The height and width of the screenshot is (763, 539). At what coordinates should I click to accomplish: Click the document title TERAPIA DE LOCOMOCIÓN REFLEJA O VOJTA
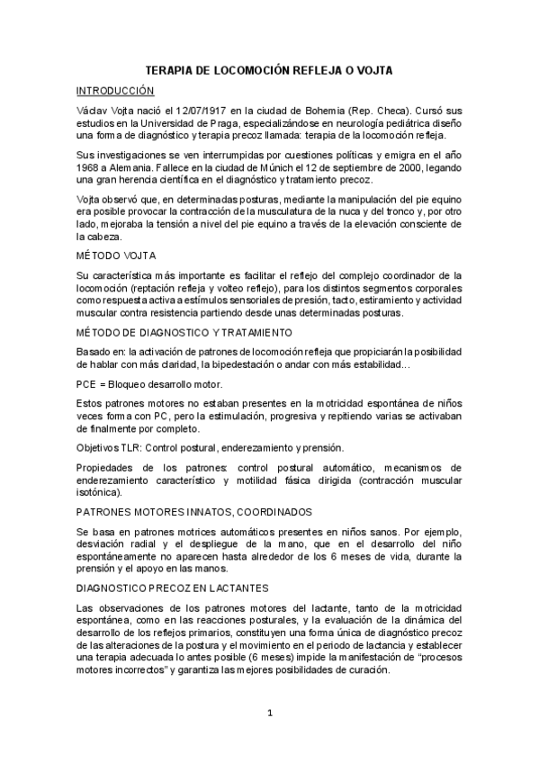pyautogui.click(x=269, y=69)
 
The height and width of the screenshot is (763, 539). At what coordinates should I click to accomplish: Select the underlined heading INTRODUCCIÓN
pyautogui.click(x=115, y=91)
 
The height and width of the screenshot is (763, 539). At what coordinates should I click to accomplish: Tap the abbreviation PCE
pyautogui.click(x=88, y=383)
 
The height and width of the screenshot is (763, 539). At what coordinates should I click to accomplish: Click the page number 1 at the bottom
pyautogui.click(x=269, y=714)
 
